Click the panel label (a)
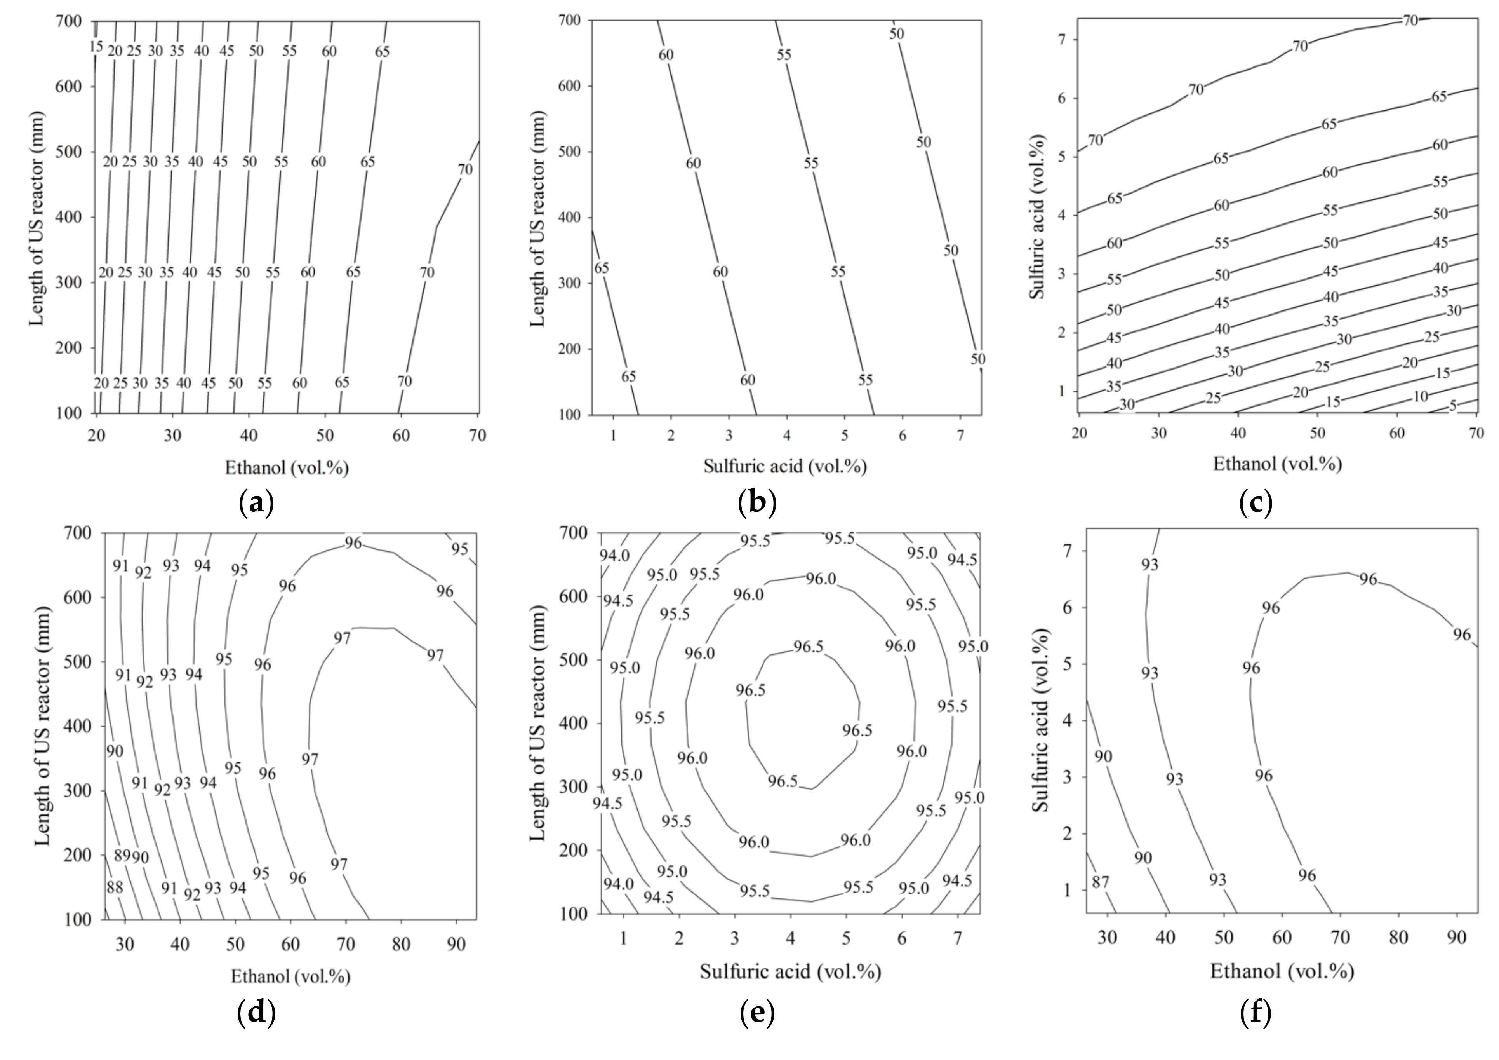click(256, 503)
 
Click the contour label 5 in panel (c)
click(1453, 406)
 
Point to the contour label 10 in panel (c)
click(1420, 396)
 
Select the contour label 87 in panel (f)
click(1100, 882)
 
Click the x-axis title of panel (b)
click(785, 466)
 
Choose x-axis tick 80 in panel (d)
click(401, 944)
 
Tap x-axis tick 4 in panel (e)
click(791, 938)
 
